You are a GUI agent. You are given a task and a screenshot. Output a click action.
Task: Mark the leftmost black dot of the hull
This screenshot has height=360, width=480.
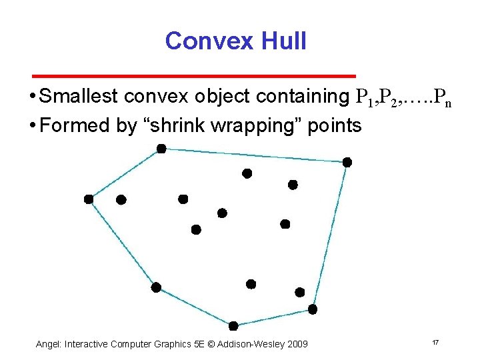click(x=89, y=199)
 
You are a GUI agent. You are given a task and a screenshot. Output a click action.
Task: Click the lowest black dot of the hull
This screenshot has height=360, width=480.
click(x=233, y=326)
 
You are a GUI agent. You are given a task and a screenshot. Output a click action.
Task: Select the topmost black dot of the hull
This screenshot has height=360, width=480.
click(x=161, y=149)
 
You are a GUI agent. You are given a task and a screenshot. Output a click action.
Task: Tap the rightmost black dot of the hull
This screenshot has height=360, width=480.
click(x=347, y=162)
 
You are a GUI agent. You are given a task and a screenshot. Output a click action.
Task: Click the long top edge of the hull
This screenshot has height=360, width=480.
click(x=253, y=155)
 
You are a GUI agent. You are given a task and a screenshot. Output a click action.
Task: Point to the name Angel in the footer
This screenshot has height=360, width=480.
click(x=48, y=344)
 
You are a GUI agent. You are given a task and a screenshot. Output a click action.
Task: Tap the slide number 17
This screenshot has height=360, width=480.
click(x=435, y=343)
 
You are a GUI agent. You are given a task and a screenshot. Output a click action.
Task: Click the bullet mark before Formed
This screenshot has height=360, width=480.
click(x=33, y=125)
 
